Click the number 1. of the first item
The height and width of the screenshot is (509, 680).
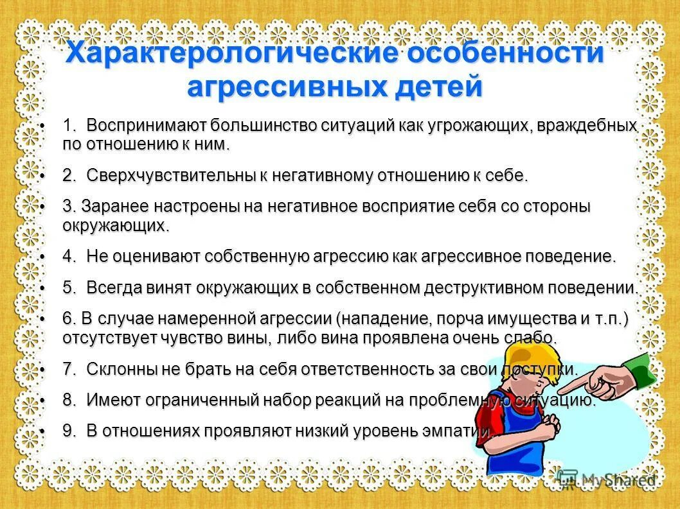click(70, 125)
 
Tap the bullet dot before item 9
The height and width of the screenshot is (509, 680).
click(42, 431)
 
